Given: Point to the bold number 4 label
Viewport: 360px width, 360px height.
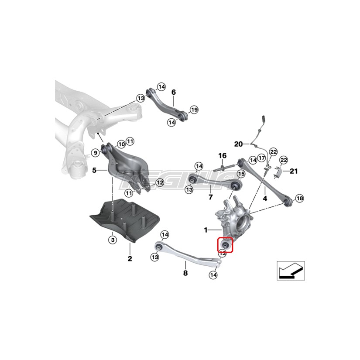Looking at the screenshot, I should tap(264, 199).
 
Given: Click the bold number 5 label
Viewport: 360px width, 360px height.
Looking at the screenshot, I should tap(94, 170).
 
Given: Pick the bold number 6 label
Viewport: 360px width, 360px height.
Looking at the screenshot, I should tap(173, 92).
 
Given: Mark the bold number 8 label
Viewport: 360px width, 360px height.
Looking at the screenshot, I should tap(185, 274).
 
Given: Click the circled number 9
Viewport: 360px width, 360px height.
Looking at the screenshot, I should tap(94, 152).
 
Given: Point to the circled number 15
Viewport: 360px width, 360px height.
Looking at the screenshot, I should tap(241, 174).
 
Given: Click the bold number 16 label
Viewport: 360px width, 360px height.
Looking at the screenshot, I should tap(222, 155).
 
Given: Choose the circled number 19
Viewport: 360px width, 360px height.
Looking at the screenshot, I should tap(194, 109).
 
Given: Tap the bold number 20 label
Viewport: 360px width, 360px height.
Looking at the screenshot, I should tap(238, 144).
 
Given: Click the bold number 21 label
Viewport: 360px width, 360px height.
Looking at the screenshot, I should tap(294, 171).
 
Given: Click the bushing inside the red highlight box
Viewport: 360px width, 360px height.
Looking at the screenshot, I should tap(226, 245).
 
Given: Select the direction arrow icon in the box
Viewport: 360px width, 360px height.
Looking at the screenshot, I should tap(290, 271).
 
